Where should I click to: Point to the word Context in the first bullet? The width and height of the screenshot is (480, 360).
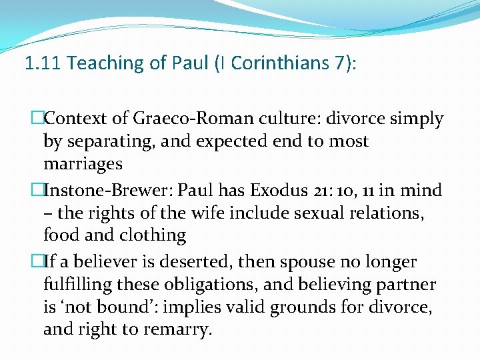click(x=75, y=119)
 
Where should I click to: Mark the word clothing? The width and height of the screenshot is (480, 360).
click(x=153, y=235)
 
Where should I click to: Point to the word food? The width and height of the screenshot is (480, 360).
click(x=59, y=235)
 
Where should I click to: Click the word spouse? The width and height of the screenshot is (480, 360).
click(x=279, y=262)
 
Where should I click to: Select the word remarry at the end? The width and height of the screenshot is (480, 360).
click(x=179, y=329)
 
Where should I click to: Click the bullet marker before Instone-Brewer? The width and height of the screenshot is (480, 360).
click(x=38, y=191)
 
